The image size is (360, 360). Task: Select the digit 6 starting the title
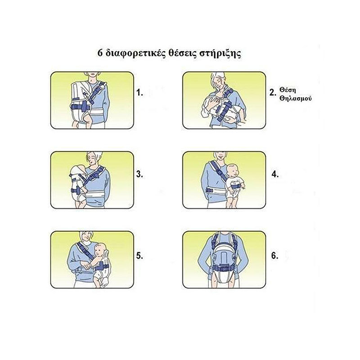pos(100,53)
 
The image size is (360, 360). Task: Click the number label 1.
pos(139,93)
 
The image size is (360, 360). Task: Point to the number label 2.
pos(273,93)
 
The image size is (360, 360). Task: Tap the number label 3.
pos(139,174)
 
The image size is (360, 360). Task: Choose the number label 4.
pos(275,174)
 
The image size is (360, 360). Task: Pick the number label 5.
pos(139,256)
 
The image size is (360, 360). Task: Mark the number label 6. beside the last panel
pos(275,256)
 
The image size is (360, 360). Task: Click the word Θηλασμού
pos(296,99)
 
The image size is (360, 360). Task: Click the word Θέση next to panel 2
pos(288,90)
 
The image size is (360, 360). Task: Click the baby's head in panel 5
pos(101,251)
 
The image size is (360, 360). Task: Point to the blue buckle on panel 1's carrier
pos(84,107)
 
